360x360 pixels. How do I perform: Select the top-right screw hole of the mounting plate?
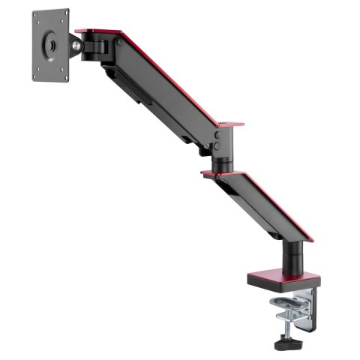click(64, 16)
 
